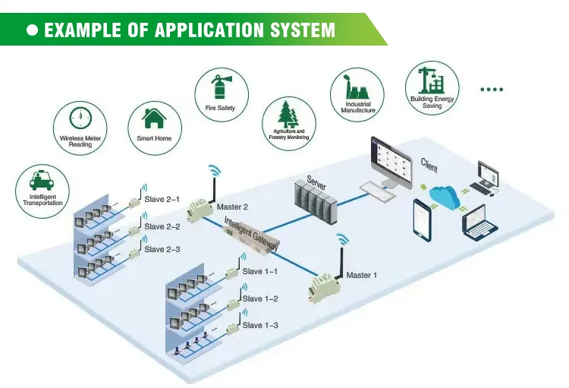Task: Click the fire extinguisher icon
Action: click(220, 87)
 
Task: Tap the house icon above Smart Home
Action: click(154, 118)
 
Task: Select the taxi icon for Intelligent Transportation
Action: click(42, 180)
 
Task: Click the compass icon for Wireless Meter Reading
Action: click(80, 118)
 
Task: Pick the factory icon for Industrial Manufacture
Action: click(357, 87)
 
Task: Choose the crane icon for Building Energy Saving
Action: click(431, 80)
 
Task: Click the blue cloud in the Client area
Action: click(445, 197)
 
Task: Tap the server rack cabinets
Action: click(315, 202)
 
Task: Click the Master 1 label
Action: click(361, 276)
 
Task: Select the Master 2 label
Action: click(232, 207)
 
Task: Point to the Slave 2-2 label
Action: click(162, 226)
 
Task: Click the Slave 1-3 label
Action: click(260, 325)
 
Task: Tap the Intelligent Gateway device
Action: click(251, 238)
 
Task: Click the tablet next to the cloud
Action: click(423, 219)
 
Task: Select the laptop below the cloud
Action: click(479, 223)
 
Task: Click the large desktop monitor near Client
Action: click(391, 162)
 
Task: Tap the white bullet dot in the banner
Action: click(33, 30)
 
